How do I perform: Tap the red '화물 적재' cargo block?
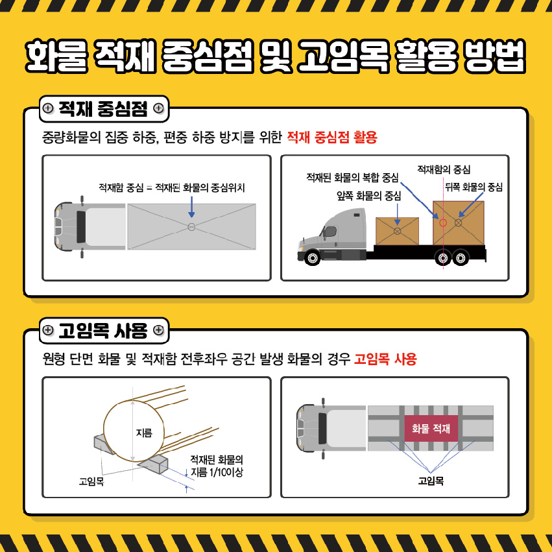pos(431,428)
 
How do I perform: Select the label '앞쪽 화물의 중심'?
pos(368,196)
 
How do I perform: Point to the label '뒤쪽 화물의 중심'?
pos(474,187)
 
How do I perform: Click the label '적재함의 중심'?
pos(444,170)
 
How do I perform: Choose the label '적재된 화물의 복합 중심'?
pos(352,178)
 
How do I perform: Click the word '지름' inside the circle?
pos(144,432)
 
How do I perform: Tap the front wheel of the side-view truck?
pos(312,258)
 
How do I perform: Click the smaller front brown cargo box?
pos(397,231)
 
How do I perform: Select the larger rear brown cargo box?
pos(459,223)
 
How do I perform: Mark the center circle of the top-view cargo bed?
pos(191,227)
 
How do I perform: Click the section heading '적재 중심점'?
pos(102,109)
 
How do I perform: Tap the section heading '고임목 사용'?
pos(102,331)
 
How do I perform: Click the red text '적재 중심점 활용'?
pos(332,137)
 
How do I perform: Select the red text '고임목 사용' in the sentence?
pos(385,359)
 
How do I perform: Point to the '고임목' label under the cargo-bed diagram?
pos(431,481)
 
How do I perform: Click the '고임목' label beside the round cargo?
pos(91,481)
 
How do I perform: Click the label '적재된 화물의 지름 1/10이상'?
pos(217,466)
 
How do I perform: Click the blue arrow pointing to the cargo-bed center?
pos(191,207)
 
